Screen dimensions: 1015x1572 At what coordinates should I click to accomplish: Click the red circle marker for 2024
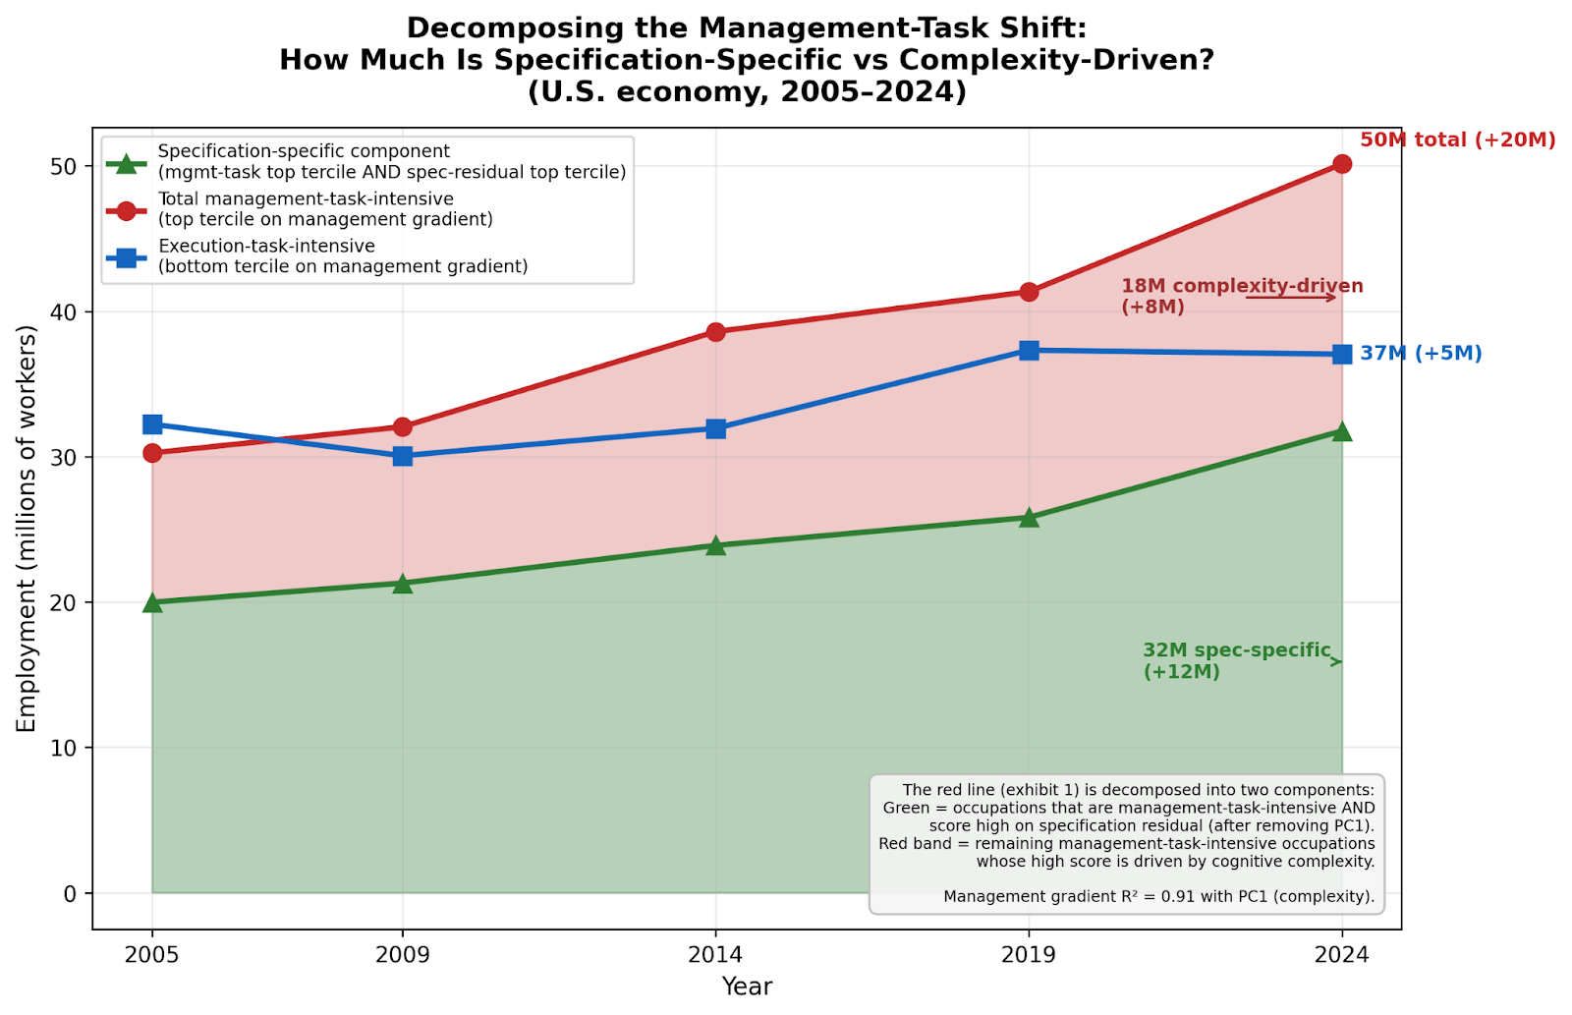tap(1342, 164)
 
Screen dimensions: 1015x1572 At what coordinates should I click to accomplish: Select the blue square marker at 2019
tap(1029, 351)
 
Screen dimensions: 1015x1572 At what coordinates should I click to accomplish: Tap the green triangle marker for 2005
tap(152, 602)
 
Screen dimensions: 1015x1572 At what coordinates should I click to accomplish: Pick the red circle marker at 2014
tap(715, 332)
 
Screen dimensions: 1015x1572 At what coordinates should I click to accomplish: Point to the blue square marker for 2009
tap(403, 456)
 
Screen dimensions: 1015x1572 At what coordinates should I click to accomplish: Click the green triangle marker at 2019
tap(1029, 518)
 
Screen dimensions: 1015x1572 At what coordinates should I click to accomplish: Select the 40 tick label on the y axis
tap(65, 312)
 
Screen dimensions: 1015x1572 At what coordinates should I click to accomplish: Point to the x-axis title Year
tap(747, 987)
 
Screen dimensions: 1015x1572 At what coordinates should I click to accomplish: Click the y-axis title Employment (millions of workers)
tap(27, 529)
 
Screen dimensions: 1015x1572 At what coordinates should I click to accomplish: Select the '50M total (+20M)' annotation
tap(1457, 141)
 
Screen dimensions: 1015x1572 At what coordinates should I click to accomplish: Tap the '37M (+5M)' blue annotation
tap(1421, 354)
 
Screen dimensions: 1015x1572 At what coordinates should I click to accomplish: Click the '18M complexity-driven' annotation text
tap(1242, 287)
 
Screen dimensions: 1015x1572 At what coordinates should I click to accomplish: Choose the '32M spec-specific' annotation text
tap(1236, 651)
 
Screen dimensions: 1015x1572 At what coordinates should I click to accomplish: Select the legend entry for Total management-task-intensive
tap(324, 209)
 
